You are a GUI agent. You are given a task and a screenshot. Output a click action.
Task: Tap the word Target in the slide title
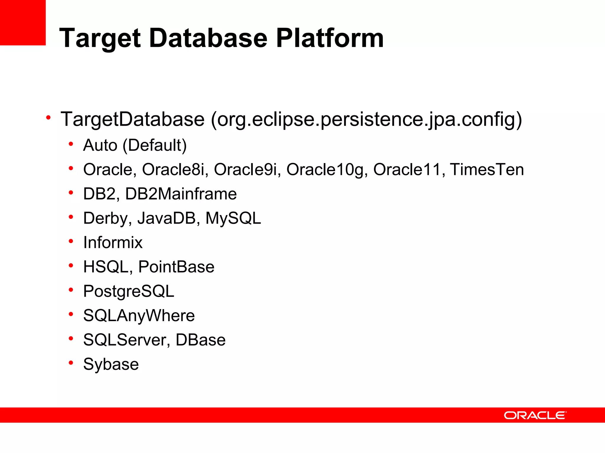coord(100,38)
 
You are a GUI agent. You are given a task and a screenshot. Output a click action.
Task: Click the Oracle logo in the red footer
coord(535,415)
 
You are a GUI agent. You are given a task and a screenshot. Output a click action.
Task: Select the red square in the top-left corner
coord(23,22)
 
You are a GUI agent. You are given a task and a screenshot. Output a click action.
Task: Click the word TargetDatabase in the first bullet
coord(132,119)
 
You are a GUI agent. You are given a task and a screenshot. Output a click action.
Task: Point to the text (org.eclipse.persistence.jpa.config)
coord(366,120)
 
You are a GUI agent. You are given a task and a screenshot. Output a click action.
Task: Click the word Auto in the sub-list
coord(100,145)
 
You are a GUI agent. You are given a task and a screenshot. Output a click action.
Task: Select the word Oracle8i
coord(173,170)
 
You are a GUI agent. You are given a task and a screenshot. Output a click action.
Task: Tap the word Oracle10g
coord(325,170)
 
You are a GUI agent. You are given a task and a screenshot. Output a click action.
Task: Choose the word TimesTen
coord(487,170)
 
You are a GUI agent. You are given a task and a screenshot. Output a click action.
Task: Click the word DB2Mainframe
coord(181,194)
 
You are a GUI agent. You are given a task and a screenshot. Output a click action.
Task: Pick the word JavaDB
coord(167,218)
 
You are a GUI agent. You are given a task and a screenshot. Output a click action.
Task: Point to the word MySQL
coord(233,218)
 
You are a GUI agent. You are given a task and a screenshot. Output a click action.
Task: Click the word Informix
coord(113,242)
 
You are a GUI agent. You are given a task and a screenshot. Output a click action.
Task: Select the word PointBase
coord(176,267)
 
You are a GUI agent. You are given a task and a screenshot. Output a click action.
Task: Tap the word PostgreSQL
coord(129,291)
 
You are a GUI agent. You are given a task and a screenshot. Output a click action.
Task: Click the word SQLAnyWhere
coord(139,316)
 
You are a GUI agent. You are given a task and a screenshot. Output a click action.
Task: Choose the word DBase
coord(201,340)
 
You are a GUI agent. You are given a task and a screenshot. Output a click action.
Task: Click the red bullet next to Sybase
coord(71,362)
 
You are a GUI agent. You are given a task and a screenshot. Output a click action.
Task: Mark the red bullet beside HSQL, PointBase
coord(71,265)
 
